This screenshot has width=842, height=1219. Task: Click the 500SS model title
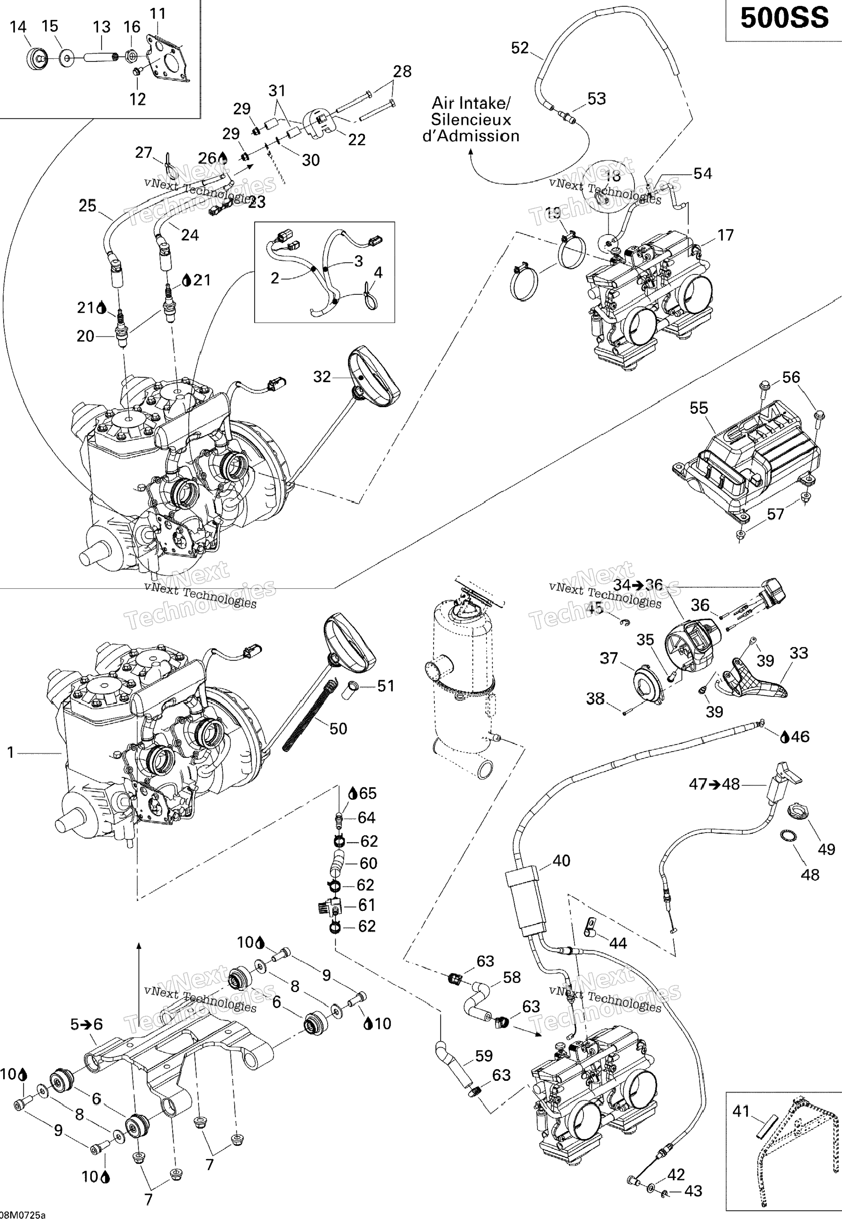(x=784, y=19)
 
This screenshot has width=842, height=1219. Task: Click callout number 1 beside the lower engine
(x=11, y=753)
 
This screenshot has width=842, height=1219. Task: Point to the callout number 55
(x=699, y=408)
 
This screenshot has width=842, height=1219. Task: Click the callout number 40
(x=561, y=861)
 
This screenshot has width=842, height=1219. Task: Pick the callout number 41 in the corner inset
(x=741, y=1112)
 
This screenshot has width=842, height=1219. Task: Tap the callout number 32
(x=322, y=377)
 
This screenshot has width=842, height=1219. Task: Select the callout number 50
(x=338, y=729)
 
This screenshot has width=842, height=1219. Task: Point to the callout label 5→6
(x=86, y=1024)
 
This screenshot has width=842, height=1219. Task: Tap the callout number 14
(x=18, y=26)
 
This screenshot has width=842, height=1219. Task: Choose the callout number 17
(x=726, y=235)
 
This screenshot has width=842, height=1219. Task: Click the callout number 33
(x=799, y=653)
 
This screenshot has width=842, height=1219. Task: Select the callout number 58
(x=512, y=978)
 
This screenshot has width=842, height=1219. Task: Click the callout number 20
(x=85, y=336)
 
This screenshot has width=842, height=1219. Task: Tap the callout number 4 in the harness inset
(x=378, y=272)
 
